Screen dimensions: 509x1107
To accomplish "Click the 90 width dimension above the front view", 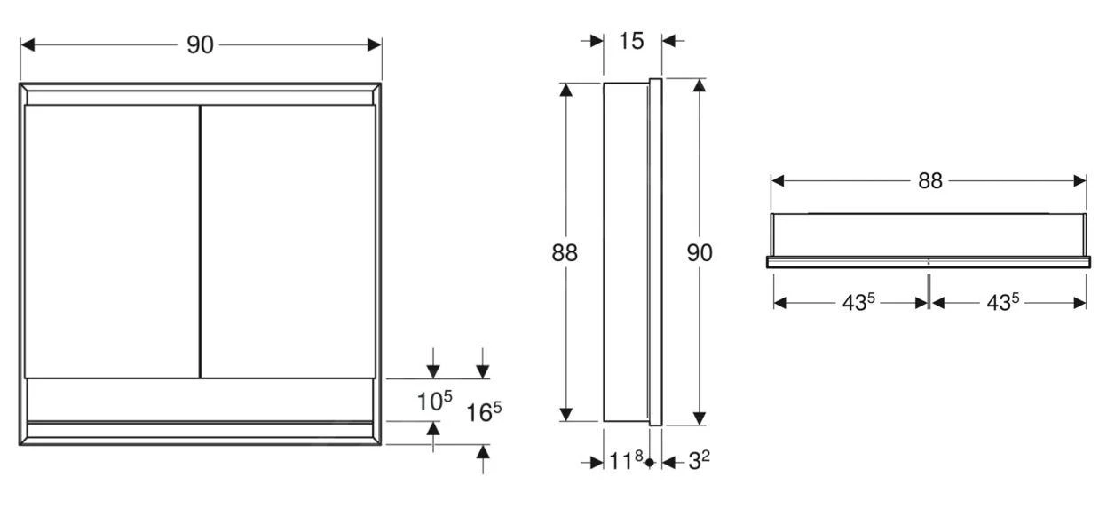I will [200, 45].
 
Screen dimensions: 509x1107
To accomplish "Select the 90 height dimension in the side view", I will [700, 253].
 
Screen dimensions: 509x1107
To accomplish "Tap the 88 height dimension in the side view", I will [565, 253].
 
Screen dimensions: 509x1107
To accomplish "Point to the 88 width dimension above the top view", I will [929, 180].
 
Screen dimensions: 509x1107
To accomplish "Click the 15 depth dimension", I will [631, 41].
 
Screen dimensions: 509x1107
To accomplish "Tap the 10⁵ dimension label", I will [434, 401].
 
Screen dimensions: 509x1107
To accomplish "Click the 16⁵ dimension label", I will [484, 412].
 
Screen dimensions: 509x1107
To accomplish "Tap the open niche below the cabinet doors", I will [200, 399].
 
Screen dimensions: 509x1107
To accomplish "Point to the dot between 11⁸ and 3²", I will [650, 462].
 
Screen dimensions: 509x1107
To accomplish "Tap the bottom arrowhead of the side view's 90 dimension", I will [700, 418].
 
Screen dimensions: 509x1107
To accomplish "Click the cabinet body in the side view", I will [626, 253].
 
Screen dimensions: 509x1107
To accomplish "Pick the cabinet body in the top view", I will [928, 235].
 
